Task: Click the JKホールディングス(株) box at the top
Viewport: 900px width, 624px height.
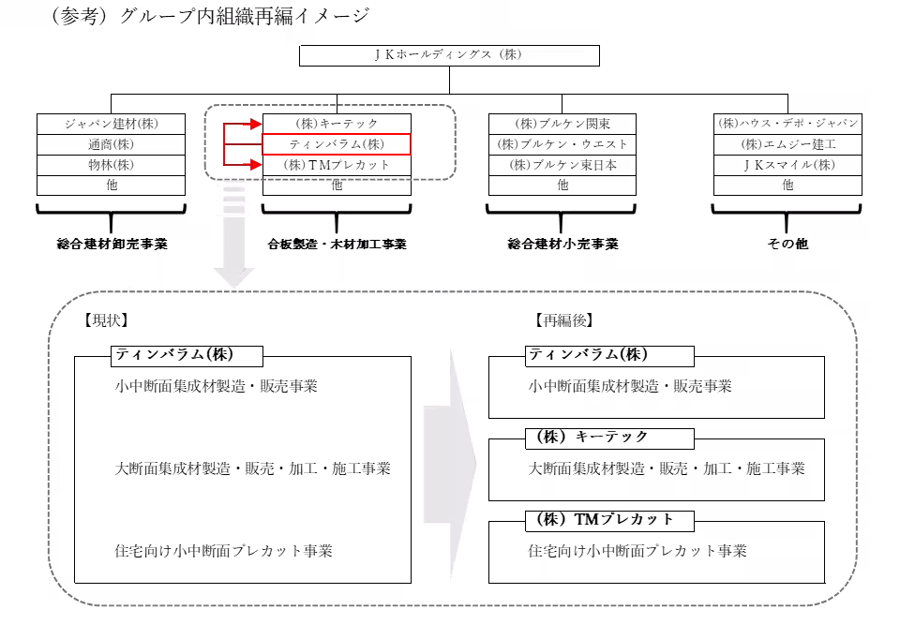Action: tap(449, 55)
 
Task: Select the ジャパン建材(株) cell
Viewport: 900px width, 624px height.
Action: tap(111, 124)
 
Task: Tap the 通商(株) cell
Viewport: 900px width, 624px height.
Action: tap(111, 144)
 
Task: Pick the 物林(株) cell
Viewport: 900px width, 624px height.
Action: tap(111, 165)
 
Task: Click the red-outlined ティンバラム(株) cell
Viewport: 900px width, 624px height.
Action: tap(337, 144)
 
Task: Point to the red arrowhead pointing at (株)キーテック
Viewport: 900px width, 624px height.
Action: tap(255, 124)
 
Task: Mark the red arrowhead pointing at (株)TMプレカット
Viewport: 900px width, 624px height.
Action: tap(255, 165)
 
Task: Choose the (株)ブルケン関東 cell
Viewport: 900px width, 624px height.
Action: tap(562, 124)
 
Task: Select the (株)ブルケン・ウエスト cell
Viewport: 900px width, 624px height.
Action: tap(562, 144)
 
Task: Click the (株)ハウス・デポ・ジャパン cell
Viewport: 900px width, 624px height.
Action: tap(787, 124)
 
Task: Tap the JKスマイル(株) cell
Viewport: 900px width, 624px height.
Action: tap(787, 165)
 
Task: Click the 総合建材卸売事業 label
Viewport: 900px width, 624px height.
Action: tap(112, 245)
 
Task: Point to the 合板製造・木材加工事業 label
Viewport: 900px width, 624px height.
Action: tap(337, 245)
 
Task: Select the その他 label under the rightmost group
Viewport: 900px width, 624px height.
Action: tap(787, 244)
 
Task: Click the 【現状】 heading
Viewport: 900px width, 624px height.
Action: tap(106, 320)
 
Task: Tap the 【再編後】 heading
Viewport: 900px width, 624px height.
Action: tap(564, 320)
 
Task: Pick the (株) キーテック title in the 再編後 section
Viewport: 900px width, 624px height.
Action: tap(609, 438)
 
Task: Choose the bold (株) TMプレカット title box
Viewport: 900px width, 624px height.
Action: tap(609, 521)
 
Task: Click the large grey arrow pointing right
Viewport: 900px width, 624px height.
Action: tap(450, 465)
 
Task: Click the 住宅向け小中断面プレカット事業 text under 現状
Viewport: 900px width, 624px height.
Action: tap(224, 551)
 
